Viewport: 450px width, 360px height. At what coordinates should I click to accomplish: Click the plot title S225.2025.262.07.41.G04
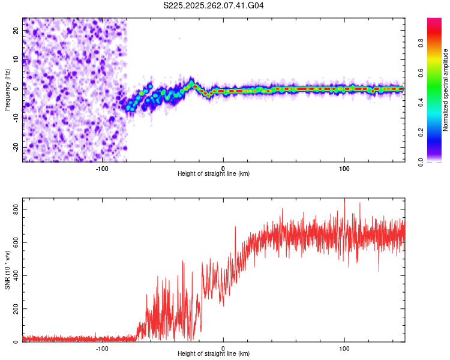(x=214, y=5)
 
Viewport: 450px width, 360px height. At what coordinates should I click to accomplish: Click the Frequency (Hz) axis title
(x=7, y=90)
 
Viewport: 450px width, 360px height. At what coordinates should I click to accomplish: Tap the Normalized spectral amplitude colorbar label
(x=446, y=90)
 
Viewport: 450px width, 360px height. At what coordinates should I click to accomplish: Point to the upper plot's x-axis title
(x=214, y=173)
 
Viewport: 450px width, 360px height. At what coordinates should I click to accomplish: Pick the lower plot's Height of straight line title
(x=214, y=353)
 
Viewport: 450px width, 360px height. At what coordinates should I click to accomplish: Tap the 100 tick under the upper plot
(x=344, y=167)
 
